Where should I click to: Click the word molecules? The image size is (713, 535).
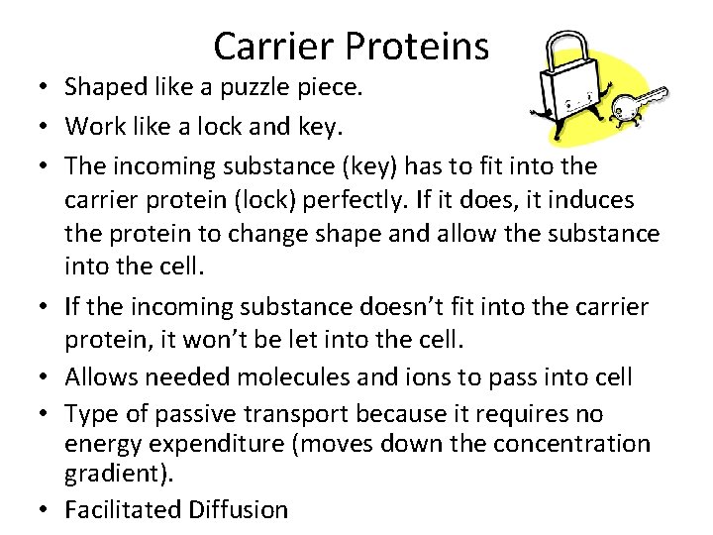[x=292, y=377]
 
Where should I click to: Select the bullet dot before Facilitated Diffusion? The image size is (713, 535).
[x=44, y=510]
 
